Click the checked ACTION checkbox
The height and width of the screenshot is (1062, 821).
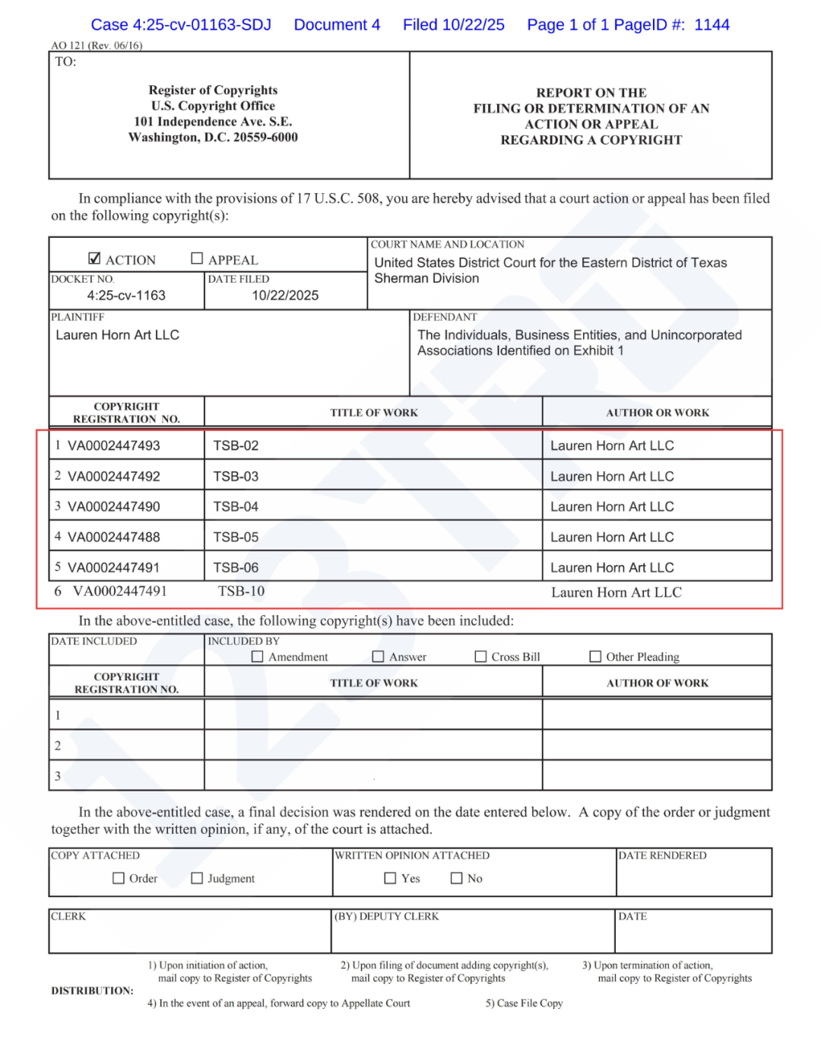(x=94, y=258)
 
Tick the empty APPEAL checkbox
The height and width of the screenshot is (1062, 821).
(x=197, y=258)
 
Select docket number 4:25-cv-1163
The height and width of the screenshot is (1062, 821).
(x=126, y=295)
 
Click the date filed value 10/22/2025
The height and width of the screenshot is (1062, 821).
(x=285, y=295)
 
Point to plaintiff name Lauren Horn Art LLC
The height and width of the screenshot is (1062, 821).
(x=117, y=334)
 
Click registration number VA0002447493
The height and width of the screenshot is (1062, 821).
(x=113, y=445)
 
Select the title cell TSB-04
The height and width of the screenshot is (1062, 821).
(x=236, y=506)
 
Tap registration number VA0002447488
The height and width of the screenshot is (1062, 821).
(x=113, y=537)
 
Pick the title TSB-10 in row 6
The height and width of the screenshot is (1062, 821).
(x=241, y=591)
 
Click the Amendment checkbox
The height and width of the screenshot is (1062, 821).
(x=258, y=657)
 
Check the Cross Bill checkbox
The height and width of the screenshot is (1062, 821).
(x=480, y=657)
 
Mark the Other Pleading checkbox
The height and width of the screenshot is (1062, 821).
(x=595, y=657)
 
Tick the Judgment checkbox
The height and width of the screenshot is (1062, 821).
(x=197, y=878)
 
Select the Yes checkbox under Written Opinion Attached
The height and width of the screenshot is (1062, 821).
(x=390, y=878)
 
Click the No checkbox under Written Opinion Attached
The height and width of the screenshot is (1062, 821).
(x=456, y=878)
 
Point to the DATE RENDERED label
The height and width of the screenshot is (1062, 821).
(x=662, y=855)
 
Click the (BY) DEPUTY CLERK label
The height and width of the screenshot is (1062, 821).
(x=386, y=916)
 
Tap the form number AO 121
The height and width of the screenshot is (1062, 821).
(x=68, y=45)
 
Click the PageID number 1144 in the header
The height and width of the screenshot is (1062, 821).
(x=712, y=24)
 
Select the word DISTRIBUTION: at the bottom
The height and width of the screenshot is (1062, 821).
(x=92, y=991)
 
